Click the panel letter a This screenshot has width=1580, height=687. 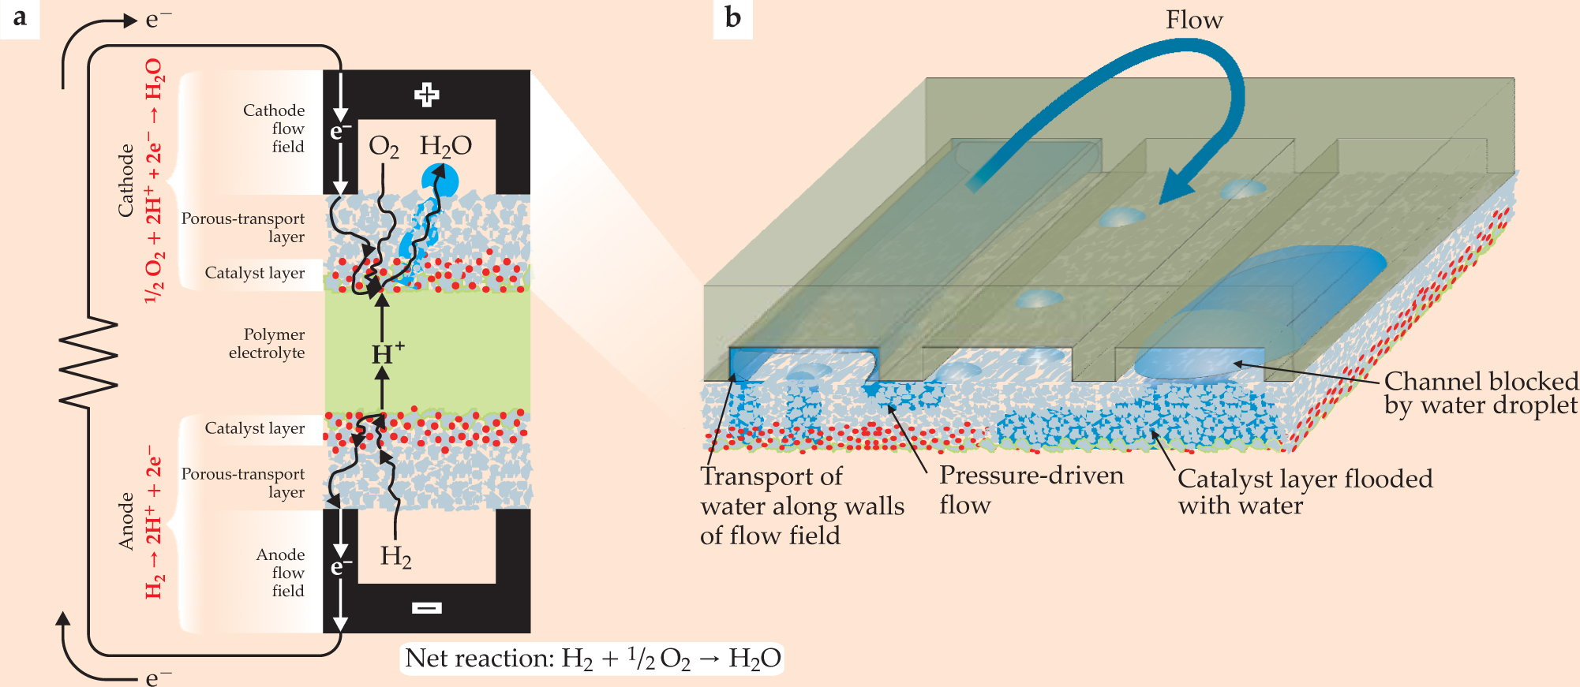click(20, 17)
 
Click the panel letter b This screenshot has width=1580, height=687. click(732, 17)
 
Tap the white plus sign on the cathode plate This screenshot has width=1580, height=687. click(426, 95)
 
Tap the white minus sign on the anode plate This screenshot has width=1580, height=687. click(426, 607)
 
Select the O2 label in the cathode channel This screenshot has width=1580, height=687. click(384, 147)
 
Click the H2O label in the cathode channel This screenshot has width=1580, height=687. click(445, 146)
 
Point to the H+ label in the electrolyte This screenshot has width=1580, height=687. click(388, 353)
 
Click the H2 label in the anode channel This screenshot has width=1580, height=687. click(395, 557)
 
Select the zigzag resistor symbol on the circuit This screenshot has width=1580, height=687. click(88, 364)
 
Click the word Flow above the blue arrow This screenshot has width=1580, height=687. click(1194, 21)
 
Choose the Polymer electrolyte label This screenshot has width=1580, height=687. click(267, 344)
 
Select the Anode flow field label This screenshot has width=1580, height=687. click(280, 573)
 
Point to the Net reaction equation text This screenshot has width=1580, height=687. click(592, 659)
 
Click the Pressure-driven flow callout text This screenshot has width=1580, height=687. click(1031, 490)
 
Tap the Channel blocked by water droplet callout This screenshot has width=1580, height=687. click(1481, 393)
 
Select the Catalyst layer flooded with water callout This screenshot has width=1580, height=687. click(1305, 491)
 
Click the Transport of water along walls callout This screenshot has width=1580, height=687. click(801, 506)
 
